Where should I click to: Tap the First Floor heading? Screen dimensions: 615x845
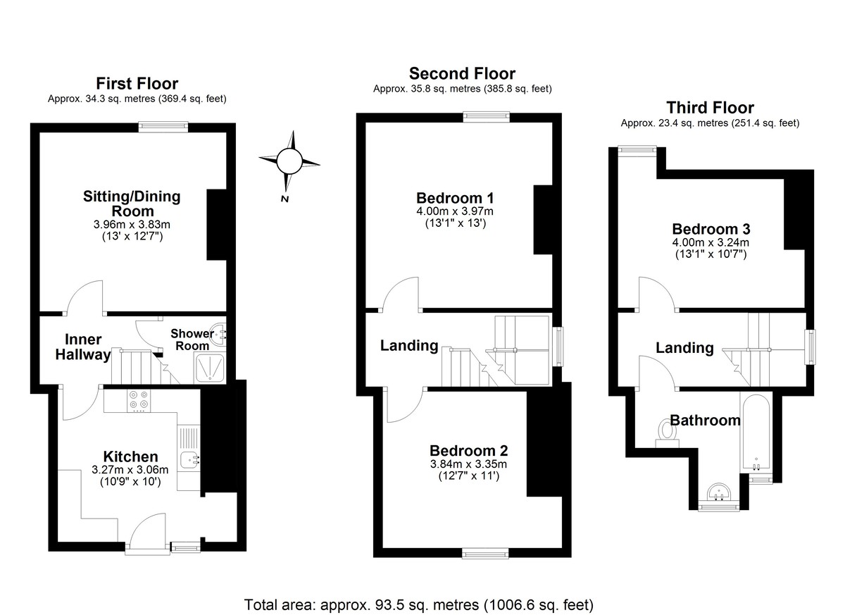[x=137, y=84]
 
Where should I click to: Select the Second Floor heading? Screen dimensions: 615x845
[x=462, y=73]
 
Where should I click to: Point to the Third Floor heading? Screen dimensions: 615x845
[x=710, y=108]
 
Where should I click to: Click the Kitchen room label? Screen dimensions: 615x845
[x=130, y=456]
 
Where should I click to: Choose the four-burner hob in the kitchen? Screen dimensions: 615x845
[x=139, y=400]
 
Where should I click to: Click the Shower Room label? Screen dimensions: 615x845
[x=190, y=340]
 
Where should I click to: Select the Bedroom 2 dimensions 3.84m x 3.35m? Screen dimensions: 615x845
[x=468, y=464]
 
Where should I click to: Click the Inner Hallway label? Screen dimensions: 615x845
[x=83, y=347]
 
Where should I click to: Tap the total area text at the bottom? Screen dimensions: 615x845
[x=418, y=604]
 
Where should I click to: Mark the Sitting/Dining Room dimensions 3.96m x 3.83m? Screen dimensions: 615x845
[x=132, y=224]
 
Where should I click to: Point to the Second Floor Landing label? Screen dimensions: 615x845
[x=409, y=345]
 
